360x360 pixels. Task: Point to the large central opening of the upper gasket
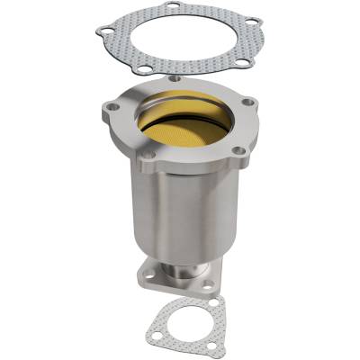180,40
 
